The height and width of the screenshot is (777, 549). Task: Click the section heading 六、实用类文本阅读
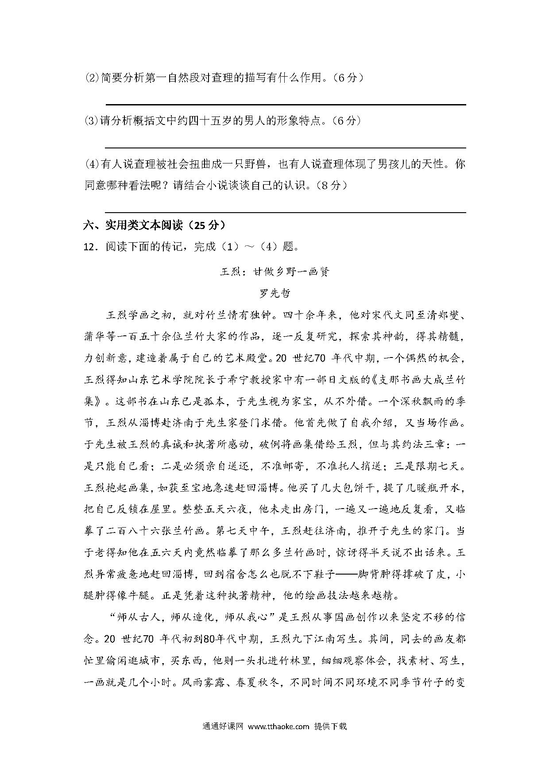(133, 225)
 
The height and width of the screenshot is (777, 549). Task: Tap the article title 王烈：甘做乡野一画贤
(274, 272)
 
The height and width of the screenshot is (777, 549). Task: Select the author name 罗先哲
(274, 293)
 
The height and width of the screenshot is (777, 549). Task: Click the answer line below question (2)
(286, 105)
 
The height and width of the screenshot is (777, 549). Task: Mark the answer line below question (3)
(286, 148)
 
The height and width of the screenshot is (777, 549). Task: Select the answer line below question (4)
(286, 213)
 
